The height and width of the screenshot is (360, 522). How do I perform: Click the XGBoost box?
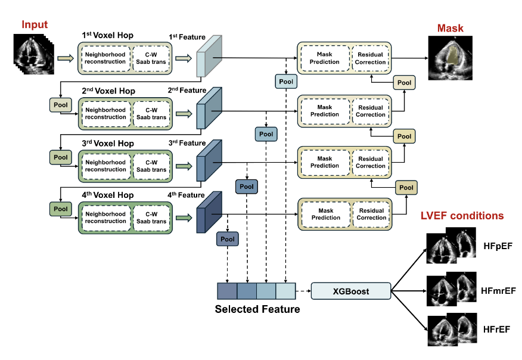coord(351,291)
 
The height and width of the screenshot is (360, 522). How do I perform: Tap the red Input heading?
coord(35,24)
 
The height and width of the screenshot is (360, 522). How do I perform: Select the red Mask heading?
coord(450,28)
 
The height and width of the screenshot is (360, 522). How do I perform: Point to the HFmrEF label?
coord(498,291)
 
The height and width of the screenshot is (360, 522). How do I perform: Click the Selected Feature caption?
coord(257,309)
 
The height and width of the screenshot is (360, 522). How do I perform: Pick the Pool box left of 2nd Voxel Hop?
coord(61,106)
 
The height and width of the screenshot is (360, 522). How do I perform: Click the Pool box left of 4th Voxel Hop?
coord(61,209)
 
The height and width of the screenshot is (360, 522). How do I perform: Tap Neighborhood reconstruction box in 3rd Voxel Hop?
coord(105,166)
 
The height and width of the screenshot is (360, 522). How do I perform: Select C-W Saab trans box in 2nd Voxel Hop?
coord(151,113)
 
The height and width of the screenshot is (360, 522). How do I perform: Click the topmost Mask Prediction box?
coord(325,58)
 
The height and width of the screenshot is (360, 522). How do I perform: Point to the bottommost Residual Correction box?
coord(371,214)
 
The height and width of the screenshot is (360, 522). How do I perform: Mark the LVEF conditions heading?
coord(462,216)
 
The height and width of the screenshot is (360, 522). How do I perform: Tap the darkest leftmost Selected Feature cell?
coord(227,290)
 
